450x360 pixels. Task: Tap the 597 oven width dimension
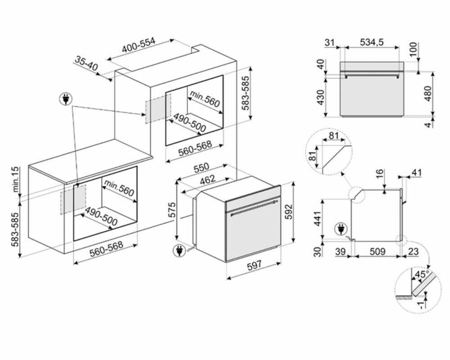pos(254,266)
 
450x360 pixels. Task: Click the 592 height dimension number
pos(289,212)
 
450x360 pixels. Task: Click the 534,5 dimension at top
pos(372,42)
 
